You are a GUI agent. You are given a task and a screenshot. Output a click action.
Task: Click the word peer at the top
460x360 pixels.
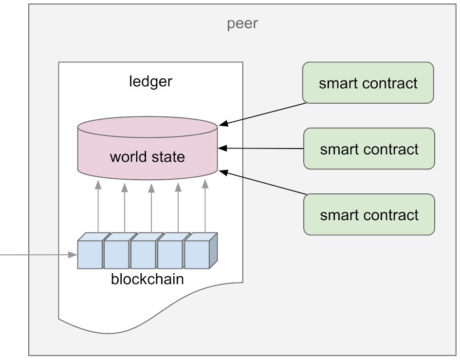[x=242, y=23]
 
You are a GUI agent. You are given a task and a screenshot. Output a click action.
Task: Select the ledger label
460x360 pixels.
[x=150, y=81]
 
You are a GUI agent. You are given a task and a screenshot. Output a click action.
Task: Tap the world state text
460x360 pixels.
[x=147, y=157]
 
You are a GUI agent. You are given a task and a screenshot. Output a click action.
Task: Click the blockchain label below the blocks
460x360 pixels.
[x=147, y=279]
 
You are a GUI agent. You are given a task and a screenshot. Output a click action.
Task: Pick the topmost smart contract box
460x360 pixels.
[x=368, y=83]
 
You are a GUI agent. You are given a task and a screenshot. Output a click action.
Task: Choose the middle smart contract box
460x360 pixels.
[x=369, y=149]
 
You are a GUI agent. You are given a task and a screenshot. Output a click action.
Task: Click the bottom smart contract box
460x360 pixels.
[x=369, y=214]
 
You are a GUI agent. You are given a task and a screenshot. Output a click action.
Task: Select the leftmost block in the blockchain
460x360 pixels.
[x=90, y=254]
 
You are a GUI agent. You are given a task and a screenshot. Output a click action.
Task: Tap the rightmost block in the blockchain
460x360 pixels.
[x=199, y=254]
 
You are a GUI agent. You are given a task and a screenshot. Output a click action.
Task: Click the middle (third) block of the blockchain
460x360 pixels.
[x=144, y=254]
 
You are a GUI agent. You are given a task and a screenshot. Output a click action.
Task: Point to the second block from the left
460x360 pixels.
[x=117, y=254]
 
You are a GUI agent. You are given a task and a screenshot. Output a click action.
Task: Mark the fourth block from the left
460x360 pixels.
[x=171, y=254]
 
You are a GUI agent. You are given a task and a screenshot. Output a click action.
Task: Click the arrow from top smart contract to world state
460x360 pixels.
[x=263, y=114]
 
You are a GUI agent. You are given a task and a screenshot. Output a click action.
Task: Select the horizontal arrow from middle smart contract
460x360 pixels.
[x=261, y=148]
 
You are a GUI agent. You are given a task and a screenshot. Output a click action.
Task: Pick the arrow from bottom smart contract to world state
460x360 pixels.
[x=262, y=183]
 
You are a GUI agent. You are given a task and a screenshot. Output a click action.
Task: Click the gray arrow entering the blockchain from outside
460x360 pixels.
[x=39, y=255]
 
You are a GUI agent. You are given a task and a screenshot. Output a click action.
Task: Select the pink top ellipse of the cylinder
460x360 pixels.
[x=147, y=128]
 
